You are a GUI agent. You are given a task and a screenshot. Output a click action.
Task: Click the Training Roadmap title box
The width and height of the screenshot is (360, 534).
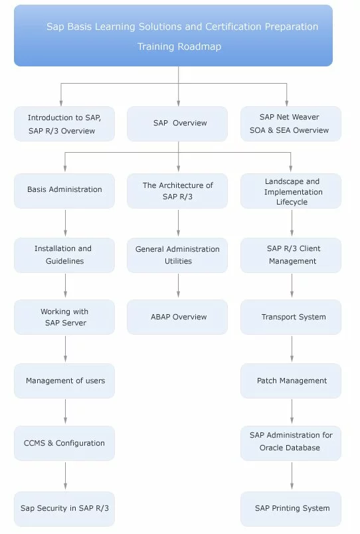pyautogui.click(x=173, y=35)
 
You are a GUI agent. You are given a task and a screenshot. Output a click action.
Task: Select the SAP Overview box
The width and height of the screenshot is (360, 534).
pyautogui.click(x=177, y=124)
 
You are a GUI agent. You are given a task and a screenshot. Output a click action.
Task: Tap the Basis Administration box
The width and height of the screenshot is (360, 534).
pyautogui.click(x=64, y=191)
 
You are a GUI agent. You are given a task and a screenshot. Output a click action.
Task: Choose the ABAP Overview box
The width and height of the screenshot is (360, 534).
pyautogui.click(x=177, y=317)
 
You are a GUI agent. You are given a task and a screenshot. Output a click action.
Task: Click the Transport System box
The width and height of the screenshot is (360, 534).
pyautogui.click(x=291, y=317)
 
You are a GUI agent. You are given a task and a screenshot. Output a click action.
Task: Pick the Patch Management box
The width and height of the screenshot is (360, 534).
pyautogui.click(x=291, y=381)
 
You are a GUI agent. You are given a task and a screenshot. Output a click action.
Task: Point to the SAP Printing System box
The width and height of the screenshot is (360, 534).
pyautogui.click(x=291, y=509)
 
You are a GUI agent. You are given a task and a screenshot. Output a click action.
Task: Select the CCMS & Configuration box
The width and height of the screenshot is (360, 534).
pyautogui.click(x=64, y=443)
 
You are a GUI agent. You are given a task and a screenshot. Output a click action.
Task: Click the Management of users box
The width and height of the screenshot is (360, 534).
pyautogui.click(x=64, y=381)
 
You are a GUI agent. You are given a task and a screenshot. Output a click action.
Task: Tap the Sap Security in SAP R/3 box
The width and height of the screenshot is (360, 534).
pyautogui.click(x=64, y=509)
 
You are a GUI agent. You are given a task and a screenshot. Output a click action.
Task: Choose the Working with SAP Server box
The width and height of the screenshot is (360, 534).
pyautogui.click(x=64, y=317)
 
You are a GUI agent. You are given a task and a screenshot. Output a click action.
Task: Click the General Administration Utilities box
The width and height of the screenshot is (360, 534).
pyautogui.click(x=177, y=255)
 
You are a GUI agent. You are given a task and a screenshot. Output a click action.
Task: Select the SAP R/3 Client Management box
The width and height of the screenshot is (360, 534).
pyautogui.click(x=291, y=255)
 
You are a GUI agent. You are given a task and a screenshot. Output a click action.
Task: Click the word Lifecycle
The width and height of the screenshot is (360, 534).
pyautogui.click(x=292, y=202)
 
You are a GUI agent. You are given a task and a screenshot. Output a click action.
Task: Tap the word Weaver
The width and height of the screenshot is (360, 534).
pyautogui.click(x=305, y=117)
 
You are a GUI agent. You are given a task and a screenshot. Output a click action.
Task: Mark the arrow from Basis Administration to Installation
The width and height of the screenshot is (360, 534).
pyautogui.click(x=65, y=223)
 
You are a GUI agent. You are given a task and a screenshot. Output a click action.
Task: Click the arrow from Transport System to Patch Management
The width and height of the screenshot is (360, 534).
pyautogui.click(x=292, y=349)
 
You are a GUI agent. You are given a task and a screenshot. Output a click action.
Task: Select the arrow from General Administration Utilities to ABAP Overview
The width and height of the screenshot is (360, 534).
pyautogui.click(x=178, y=286)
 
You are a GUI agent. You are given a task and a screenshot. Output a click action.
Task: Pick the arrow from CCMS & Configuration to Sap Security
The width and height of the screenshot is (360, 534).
pyautogui.click(x=65, y=476)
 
